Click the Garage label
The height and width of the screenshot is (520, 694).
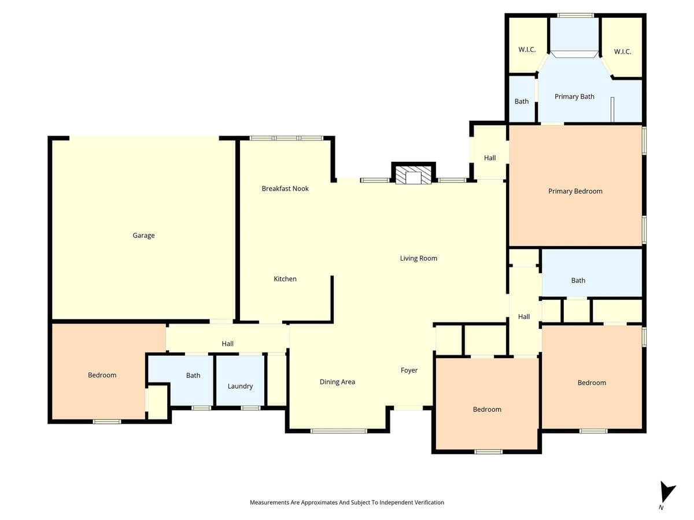(143, 235)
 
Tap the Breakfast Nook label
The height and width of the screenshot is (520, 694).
(285, 188)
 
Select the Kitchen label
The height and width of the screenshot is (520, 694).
(285, 279)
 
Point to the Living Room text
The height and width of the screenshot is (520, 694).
(419, 258)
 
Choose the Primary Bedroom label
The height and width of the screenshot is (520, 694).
(575, 191)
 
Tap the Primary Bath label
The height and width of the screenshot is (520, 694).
(574, 96)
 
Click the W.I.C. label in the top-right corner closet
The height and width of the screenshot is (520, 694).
(622, 51)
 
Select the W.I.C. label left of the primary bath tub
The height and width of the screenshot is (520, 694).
(526, 50)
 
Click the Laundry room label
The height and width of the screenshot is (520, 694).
(240, 386)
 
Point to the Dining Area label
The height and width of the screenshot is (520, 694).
(337, 382)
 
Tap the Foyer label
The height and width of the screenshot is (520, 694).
(409, 370)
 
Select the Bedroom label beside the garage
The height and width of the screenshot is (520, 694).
(102, 375)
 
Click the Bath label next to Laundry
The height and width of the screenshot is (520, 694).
(193, 376)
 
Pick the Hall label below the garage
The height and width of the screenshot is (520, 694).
(227, 344)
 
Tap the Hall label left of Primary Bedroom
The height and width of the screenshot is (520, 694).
(490, 158)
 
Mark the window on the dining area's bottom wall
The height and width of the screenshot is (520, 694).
(339, 430)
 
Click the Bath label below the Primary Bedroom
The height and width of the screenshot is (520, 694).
(578, 280)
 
